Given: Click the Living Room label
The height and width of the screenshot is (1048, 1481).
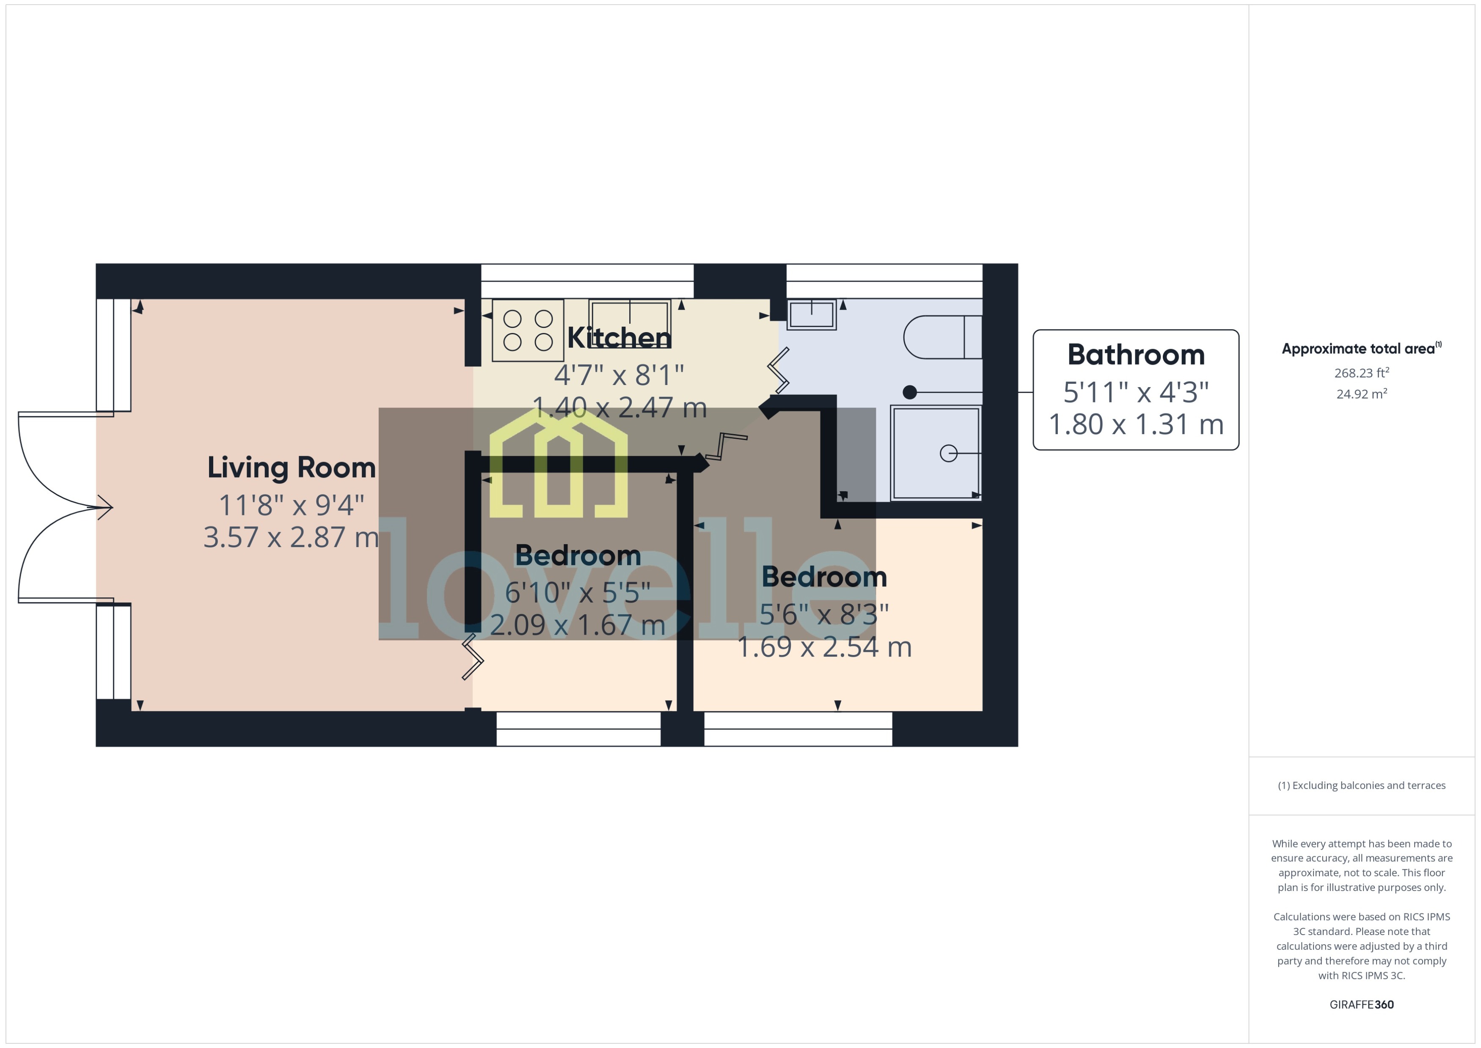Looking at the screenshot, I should pyautogui.click(x=291, y=467).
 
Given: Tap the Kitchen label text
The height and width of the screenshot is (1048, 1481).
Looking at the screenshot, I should pyautogui.click(x=619, y=338).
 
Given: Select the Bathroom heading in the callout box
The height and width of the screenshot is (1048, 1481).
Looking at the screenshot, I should pyautogui.click(x=1136, y=354).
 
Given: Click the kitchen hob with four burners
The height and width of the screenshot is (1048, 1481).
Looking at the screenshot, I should pyautogui.click(x=528, y=330).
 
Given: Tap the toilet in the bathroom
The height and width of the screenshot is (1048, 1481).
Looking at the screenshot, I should pyautogui.click(x=943, y=337).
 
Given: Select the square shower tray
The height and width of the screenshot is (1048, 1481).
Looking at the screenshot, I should pyautogui.click(x=935, y=453).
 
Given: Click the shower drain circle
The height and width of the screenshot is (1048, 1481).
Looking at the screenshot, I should pyautogui.click(x=948, y=454).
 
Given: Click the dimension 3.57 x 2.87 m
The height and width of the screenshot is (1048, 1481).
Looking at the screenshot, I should pyautogui.click(x=291, y=537).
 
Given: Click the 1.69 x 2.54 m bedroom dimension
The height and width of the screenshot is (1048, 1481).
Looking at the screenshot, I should pyautogui.click(x=824, y=647).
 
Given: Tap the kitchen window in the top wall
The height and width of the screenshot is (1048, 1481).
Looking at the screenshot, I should pyautogui.click(x=587, y=281).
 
